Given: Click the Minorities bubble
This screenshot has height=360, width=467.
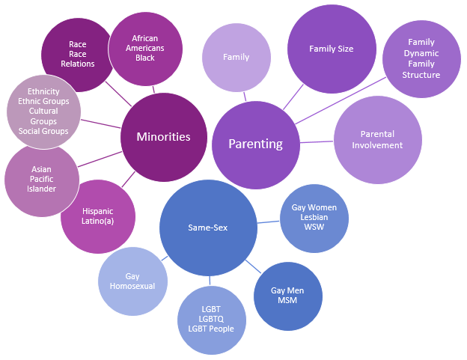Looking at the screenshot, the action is (163, 137).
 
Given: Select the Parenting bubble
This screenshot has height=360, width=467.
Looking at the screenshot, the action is (255, 144).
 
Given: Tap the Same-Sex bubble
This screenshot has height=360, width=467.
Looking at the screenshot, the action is (209, 227).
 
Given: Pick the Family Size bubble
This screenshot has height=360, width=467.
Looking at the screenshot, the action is (331, 49).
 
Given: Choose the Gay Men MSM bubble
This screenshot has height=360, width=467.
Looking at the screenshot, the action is (287, 296).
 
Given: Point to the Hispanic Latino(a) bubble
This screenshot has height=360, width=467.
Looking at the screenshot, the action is (98, 216).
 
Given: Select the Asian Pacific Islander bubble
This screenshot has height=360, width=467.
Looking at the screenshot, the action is (42, 180).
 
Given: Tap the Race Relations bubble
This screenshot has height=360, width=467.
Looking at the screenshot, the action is (77, 54).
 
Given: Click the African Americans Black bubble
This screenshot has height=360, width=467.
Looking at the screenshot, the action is (145, 49).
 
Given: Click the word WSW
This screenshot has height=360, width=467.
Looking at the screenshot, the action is (314, 227).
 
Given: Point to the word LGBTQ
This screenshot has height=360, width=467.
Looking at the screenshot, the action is (210, 319).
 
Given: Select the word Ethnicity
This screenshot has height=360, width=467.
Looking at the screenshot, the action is (43, 91).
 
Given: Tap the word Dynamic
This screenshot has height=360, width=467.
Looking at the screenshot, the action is (421, 53).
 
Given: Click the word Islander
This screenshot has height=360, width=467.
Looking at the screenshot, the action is (42, 189).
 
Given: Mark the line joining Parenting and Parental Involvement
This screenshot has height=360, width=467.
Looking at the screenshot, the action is (317, 141).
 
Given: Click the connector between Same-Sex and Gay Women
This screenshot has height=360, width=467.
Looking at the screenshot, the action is (269, 222).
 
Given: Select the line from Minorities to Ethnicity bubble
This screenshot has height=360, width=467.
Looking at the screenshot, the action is (100, 123).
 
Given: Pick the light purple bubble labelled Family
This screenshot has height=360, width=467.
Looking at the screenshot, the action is (236, 57).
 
